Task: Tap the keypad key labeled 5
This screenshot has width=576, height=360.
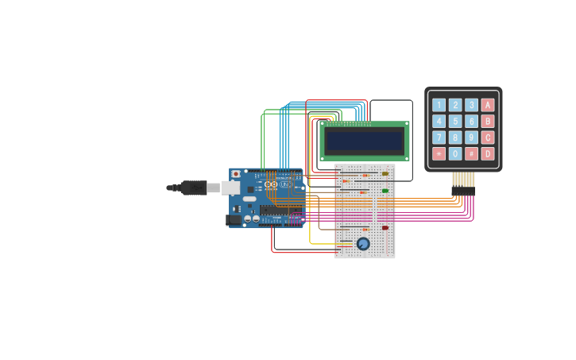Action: (x=455, y=121)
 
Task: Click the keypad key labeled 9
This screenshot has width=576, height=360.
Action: (x=471, y=137)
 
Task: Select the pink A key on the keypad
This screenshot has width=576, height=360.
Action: (x=488, y=105)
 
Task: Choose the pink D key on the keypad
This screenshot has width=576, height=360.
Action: (x=488, y=153)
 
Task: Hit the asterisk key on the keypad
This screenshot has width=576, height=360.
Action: (x=439, y=153)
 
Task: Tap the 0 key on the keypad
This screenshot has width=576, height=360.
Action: (x=455, y=153)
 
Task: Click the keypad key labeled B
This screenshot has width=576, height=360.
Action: (x=488, y=121)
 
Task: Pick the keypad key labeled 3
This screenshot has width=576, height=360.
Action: (x=471, y=105)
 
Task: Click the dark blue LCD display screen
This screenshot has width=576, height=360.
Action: (x=365, y=141)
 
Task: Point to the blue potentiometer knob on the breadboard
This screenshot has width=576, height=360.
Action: (x=363, y=244)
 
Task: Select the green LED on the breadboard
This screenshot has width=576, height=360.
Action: (x=385, y=191)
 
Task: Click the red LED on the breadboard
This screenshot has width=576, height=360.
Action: (x=385, y=228)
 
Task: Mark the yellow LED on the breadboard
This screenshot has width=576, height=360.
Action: (x=385, y=173)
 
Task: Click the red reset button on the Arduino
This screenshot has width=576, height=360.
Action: (x=235, y=174)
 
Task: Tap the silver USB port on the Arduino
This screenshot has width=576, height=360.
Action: (x=230, y=188)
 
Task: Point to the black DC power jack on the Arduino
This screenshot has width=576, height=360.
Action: (x=234, y=220)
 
